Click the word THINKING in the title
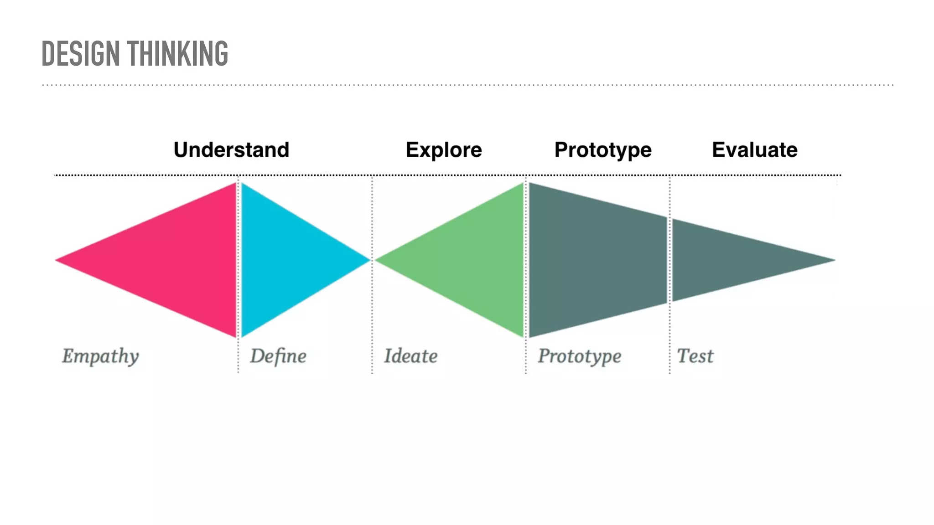[177, 54]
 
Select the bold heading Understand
[231, 150]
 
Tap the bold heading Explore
[444, 150]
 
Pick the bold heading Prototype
[603, 150]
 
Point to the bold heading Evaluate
[755, 150]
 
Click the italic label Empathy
[100, 356]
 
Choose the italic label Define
[278, 356]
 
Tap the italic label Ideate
[410, 356]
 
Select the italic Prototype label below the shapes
[579, 356]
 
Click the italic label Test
[695, 356]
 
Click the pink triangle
[178, 260]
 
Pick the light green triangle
[474, 260]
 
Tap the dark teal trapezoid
[597, 260]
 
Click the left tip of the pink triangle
[57, 260]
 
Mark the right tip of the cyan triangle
[368, 260]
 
